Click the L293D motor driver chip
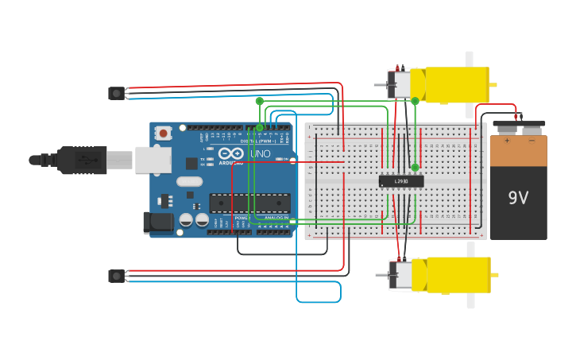click(401, 181)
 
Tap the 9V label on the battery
click(518, 197)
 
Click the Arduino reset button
click(163, 134)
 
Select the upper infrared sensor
click(117, 93)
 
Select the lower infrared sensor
click(117, 276)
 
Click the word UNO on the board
click(261, 153)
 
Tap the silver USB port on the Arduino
click(153, 160)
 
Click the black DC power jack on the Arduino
click(158, 223)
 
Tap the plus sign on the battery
click(506, 141)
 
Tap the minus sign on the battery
click(532, 141)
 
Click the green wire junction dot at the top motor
click(415, 101)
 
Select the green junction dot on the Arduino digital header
click(259, 127)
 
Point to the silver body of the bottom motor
click(402, 274)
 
